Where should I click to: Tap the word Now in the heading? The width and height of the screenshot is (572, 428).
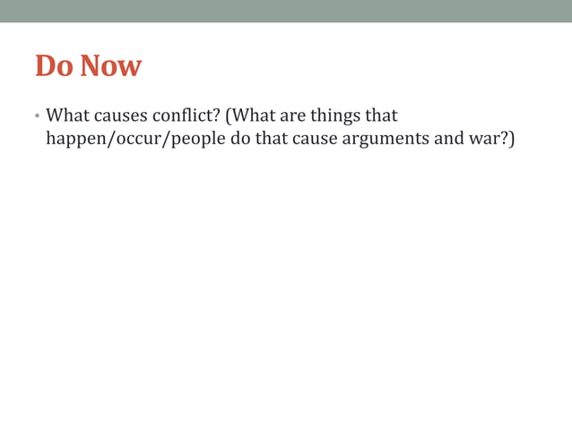tap(111, 66)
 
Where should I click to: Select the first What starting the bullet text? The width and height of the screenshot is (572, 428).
tap(67, 116)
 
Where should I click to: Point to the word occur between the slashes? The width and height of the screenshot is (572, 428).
tap(134, 141)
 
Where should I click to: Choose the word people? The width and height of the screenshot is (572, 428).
tap(195, 141)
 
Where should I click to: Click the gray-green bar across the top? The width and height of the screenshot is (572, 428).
tap(286, 11)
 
